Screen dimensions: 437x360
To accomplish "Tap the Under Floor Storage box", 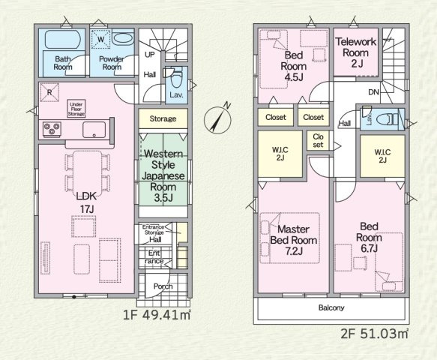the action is coord(76,109).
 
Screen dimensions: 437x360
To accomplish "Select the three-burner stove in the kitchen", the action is coord(52,129).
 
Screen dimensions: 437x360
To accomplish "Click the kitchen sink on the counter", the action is coord(94,130).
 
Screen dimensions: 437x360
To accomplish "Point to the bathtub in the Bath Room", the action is coord(62,39).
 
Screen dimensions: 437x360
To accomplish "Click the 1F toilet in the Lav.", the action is coord(176,79).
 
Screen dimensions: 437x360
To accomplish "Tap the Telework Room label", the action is coord(356,52).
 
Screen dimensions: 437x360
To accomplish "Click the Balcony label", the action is coord(331,307).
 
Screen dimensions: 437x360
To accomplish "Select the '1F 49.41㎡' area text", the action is coord(157,315).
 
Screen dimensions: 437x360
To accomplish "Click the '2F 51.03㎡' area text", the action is coord(374,334).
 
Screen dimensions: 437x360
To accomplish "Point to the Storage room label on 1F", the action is coord(163,118).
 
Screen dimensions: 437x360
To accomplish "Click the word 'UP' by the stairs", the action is coord(150,55).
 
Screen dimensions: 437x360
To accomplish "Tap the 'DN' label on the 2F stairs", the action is coord(373,92).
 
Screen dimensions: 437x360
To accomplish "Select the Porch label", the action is coord(163,286).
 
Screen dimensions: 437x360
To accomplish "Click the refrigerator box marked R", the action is coord(49,92).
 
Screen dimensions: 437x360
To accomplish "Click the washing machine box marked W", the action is coord(101,39).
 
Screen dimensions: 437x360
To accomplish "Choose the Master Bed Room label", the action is coord(294,240).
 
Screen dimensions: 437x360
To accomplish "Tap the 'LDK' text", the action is coord(87,196).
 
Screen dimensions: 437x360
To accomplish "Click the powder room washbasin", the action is coord(123,38).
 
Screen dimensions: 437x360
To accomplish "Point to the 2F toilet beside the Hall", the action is coord(388,120).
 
